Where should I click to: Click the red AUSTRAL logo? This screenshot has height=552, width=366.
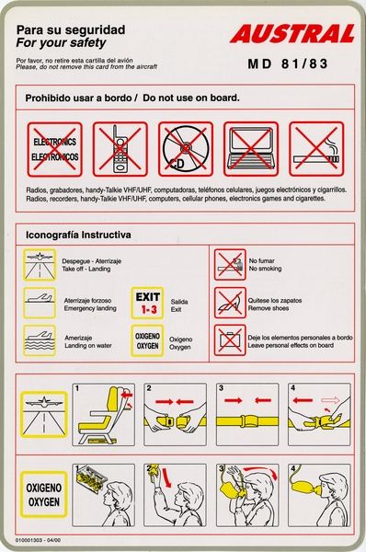click(292, 35)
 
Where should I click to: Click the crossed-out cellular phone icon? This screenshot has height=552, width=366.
click(120, 150)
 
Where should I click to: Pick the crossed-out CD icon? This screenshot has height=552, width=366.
click(186, 150)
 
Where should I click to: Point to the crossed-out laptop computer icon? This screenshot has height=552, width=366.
click(251, 150)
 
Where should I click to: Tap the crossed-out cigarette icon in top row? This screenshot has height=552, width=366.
click(316, 150)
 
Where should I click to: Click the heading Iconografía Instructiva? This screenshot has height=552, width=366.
click(77, 235)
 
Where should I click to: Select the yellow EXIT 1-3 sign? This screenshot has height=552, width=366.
click(149, 304)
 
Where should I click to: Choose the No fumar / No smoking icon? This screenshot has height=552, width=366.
click(229, 265)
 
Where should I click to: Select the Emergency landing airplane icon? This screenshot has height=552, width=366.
click(40, 302)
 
